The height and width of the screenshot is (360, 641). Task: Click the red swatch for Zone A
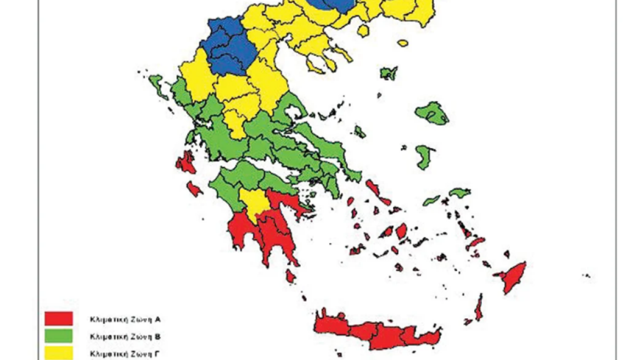[x=59, y=318]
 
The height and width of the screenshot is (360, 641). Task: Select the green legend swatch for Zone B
[x=59, y=335]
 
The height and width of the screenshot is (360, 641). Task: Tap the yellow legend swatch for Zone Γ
[x=59, y=352]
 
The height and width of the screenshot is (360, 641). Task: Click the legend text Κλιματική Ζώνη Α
[x=126, y=318]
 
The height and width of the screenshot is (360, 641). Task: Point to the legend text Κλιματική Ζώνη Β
[x=126, y=335]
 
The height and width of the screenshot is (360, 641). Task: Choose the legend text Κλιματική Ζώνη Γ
[x=126, y=352]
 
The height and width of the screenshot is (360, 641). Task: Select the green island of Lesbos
[x=432, y=113]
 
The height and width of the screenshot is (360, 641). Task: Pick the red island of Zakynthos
[x=194, y=189]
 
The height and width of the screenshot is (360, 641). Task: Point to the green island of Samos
[x=460, y=193]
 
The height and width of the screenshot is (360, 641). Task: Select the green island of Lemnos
[x=389, y=72]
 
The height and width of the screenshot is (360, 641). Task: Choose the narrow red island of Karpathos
[x=479, y=307]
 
